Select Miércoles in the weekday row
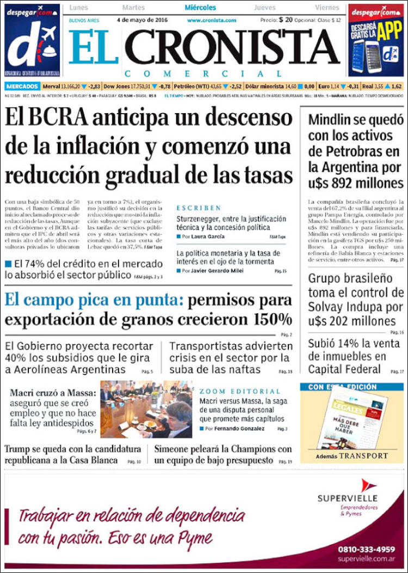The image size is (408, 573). click(200, 8)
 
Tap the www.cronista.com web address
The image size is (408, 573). click(212, 20)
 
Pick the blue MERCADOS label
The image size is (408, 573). click(22, 86)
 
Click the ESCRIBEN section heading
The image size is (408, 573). click(199, 208)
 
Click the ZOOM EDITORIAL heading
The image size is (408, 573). click(239, 391)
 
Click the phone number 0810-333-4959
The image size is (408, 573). click(366, 549)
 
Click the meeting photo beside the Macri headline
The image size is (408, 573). click(146, 409)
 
